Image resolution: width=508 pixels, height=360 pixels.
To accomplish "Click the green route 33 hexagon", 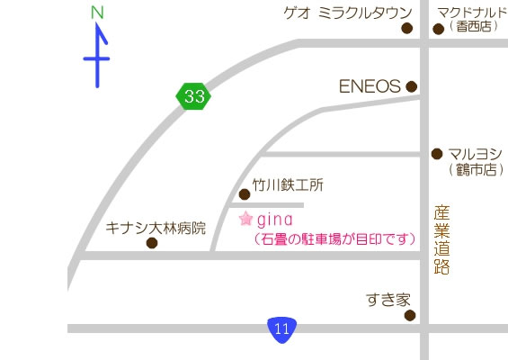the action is (193, 94).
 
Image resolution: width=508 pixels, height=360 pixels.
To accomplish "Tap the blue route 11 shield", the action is (282, 328).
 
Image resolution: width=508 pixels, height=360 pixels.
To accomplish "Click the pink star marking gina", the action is (245, 219).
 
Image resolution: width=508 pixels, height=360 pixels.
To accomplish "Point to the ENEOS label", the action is (369, 86).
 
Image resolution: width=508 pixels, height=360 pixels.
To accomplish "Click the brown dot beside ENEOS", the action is (412, 87).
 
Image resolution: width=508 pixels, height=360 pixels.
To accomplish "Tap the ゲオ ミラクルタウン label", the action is (347, 12).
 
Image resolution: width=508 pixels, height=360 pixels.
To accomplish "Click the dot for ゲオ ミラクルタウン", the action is (406, 29).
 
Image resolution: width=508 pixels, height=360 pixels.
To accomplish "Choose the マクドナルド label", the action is (471, 12).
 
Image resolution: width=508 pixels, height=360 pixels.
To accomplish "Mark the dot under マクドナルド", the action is (439, 29).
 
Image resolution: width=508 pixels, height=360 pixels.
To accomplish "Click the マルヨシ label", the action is (476, 153).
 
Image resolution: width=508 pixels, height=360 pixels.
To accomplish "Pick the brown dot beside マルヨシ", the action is (438, 154).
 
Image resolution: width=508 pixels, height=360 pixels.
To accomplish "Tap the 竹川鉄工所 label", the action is (288, 185).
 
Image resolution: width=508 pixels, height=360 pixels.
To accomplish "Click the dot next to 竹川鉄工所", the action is (245, 194).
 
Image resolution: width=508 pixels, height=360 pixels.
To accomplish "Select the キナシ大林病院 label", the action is (156, 227).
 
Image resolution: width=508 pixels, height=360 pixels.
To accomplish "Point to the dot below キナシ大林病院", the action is (151, 242).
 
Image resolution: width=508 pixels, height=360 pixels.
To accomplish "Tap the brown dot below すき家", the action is (410, 316).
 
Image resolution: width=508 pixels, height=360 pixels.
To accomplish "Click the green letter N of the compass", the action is (98, 13).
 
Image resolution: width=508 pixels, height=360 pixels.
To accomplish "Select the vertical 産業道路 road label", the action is (441, 239).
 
